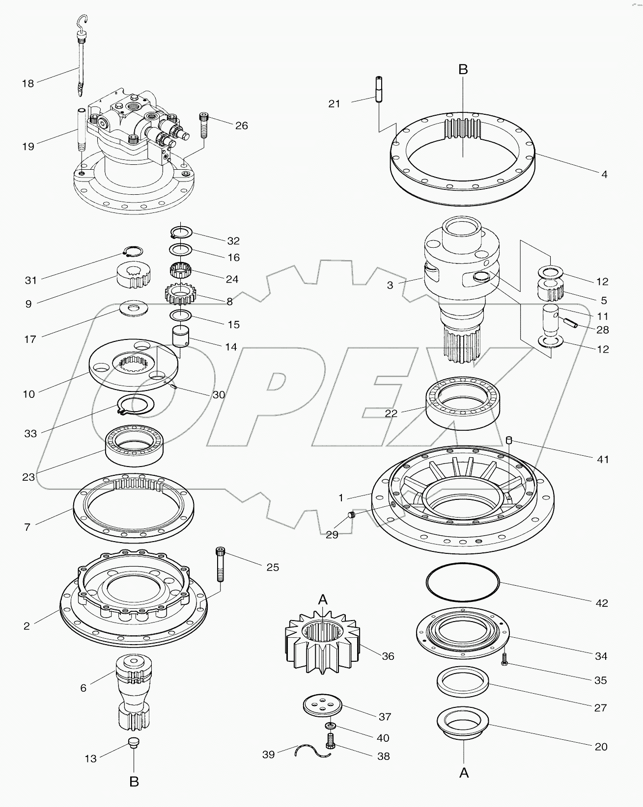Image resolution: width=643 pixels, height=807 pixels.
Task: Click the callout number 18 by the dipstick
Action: pos(28,83)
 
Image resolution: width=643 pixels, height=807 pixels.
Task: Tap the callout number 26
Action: pos(241,126)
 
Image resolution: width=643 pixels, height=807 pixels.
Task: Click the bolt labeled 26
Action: pos(204,126)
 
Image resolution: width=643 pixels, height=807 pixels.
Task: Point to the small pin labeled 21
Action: pos(379,90)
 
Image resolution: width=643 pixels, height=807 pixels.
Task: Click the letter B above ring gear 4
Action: pos(463,70)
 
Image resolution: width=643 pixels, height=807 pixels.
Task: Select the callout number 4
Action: pos(604,174)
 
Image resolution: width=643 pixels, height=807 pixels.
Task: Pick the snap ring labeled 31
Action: pos(133,252)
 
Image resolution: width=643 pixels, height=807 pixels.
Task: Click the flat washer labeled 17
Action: pos(134,310)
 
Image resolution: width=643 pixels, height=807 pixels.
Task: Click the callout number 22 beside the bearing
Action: pos(391,414)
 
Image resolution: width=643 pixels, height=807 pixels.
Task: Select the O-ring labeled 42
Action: pos(462,582)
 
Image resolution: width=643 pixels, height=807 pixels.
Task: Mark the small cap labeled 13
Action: pos(134,742)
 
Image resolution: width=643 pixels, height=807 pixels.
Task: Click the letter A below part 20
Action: pos(463,773)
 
